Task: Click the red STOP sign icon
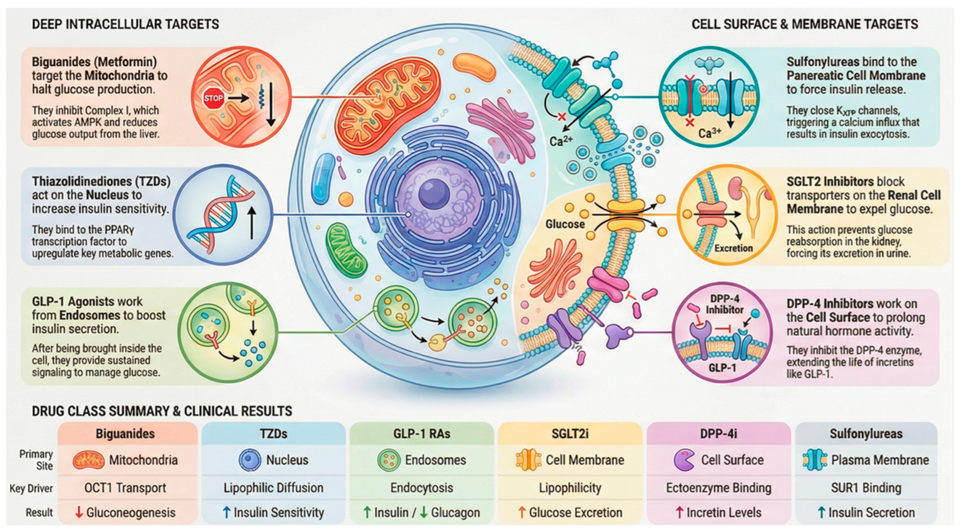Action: [x=213, y=98]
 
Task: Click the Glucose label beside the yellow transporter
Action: [x=565, y=224]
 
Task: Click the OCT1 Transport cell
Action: [x=125, y=487]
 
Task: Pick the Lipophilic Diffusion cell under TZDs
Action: [x=273, y=487]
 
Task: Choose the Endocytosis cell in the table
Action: [x=422, y=487]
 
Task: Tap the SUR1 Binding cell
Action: [x=866, y=487]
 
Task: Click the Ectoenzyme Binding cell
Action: [x=718, y=487]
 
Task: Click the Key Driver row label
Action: [x=31, y=488]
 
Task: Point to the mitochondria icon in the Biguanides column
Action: [x=88, y=460]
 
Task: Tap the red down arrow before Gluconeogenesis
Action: [x=79, y=512]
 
